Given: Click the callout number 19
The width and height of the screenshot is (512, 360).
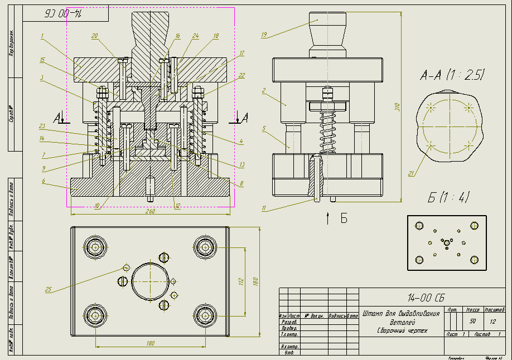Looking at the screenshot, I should click(x=264, y=35).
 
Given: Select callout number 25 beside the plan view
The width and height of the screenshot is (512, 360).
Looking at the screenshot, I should click(x=48, y=289).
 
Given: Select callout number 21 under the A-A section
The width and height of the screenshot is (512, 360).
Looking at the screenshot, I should click(x=411, y=174).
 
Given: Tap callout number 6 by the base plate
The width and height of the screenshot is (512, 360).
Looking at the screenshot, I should click(x=42, y=180).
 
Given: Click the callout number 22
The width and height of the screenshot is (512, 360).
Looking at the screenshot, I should click(x=241, y=75).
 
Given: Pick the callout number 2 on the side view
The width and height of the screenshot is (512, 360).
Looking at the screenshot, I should click(x=264, y=89).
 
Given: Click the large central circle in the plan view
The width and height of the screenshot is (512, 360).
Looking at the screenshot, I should click(x=149, y=280).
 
